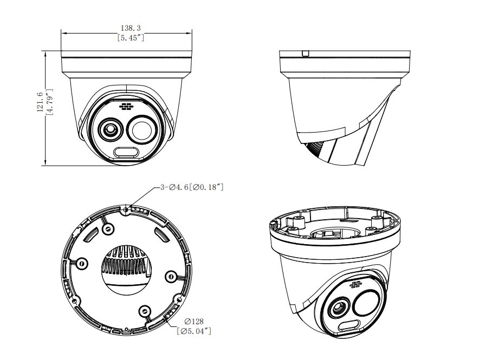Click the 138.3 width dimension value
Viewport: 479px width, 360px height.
pos(131,28)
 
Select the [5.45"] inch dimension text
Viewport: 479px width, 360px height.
pos(131,38)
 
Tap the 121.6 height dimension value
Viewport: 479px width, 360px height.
pos(40,102)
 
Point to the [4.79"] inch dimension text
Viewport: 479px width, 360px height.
pos(49,102)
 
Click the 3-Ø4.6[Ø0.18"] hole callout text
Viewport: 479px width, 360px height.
pos(192,187)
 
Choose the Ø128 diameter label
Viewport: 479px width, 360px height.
pos(194,321)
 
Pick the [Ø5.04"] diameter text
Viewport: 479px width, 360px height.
pos(194,331)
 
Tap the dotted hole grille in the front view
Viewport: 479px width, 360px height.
pos(126,107)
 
